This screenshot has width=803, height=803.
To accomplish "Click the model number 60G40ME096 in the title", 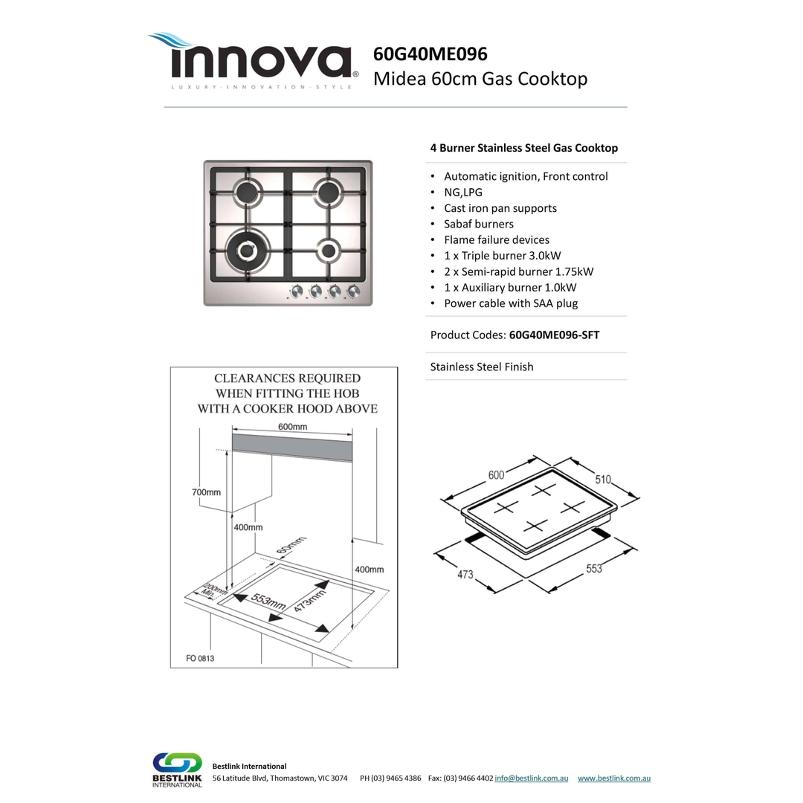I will click(430, 54).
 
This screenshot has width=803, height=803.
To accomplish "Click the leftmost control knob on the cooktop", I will click(296, 291).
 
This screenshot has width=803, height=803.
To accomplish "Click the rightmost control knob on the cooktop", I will click(354, 291).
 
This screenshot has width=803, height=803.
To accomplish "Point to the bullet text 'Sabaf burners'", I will click(478, 224).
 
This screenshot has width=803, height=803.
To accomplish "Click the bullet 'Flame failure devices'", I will click(496, 239).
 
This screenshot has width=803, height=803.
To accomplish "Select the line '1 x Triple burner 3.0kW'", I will click(502, 256).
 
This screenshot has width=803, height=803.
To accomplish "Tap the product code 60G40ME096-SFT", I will click(554, 335).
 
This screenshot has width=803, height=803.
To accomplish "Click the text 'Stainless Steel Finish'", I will click(481, 367).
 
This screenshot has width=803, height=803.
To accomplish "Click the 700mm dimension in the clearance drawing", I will click(206, 492).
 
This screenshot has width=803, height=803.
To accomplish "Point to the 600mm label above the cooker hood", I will click(292, 427).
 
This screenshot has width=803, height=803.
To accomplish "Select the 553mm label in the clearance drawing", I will click(267, 602).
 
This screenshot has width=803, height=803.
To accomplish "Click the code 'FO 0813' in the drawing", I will click(200, 659).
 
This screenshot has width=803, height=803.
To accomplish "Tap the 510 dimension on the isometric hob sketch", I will click(603, 480).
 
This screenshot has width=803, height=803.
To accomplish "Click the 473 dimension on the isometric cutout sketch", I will click(465, 574).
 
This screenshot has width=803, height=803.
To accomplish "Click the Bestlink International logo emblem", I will click(177, 764).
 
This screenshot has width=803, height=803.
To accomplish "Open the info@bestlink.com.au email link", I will click(531, 778).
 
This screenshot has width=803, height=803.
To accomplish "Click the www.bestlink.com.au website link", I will click(613, 778).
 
